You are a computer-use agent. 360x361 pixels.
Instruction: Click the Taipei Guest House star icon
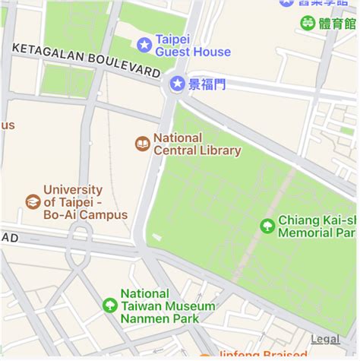coord(144,45)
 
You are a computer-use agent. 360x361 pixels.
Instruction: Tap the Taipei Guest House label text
coord(193,46)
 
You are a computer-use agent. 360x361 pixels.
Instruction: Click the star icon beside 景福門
coord(178,82)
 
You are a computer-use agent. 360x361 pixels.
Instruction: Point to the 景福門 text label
coord(207,84)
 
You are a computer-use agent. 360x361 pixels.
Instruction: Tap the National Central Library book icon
coord(142,143)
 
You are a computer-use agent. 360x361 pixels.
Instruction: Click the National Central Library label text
coord(197,144)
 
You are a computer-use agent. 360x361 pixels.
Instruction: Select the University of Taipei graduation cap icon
coord(33,201)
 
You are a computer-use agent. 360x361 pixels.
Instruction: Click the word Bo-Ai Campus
coord(85,215)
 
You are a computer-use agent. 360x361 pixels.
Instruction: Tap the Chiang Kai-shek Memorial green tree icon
coord(267,226)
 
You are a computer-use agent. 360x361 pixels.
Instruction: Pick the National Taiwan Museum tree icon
coord(109,306)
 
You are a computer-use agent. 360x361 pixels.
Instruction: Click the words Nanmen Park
coord(159,318)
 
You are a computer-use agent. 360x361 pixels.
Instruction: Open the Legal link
coord(325,339)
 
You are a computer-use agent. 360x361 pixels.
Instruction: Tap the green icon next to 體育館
coord(308,23)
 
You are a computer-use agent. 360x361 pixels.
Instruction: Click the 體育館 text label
coord(338,24)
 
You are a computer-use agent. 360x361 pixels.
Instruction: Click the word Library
coord(219,150)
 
